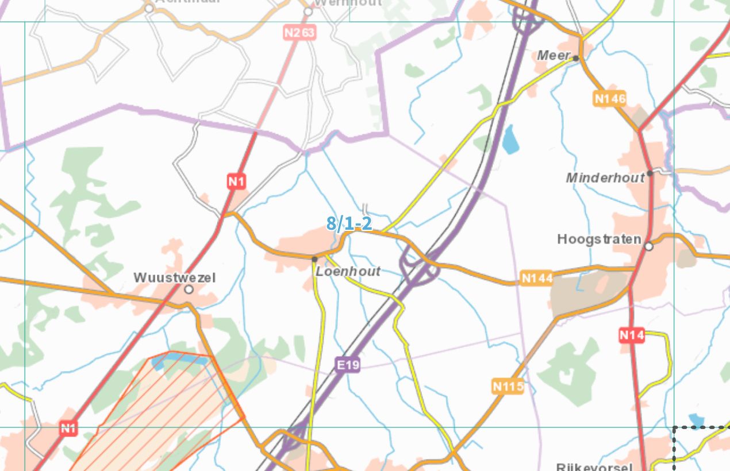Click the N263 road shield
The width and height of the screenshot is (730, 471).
299,33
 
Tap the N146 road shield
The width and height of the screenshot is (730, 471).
610,99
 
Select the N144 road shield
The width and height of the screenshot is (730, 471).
537,279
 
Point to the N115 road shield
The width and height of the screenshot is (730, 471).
508,386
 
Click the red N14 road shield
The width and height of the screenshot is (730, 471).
632,335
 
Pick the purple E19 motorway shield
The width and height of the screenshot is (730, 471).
348,364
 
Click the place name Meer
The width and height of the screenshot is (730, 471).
552,56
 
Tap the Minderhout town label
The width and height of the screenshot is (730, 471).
605,178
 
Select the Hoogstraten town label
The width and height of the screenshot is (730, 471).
599,239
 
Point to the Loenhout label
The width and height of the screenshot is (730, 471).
348,271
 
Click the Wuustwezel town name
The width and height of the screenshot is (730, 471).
174,278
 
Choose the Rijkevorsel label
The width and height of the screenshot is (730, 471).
594,466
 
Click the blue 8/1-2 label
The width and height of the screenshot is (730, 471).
349,223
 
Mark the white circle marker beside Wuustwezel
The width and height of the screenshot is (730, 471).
189,290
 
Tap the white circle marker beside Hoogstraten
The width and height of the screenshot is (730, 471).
649,246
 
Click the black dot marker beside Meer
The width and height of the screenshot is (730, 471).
575,57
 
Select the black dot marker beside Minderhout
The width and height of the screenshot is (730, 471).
650,173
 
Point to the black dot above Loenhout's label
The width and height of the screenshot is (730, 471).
314,259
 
